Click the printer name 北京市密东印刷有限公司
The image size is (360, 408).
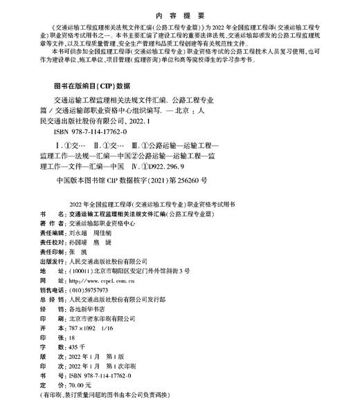tap(105, 320)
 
